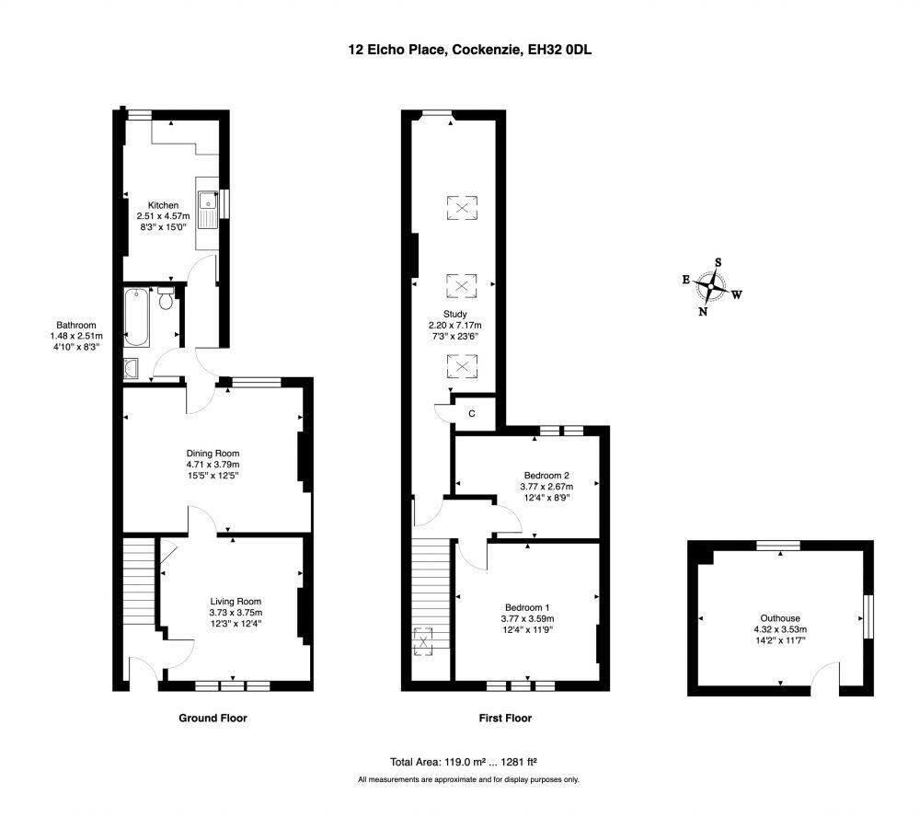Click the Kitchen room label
coord(163,205)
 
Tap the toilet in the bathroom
coord(166,298)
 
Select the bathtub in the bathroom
coord(137,316)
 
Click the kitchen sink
coord(208,210)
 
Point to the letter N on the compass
coord(703,312)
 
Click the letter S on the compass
coord(719,262)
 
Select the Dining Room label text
coord(213,453)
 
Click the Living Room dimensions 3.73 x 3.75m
coord(236,612)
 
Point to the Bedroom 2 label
coord(546,476)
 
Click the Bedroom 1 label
coord(527,607)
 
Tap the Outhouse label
coord(780,618)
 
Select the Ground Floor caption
coord(213,718)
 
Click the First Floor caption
coord(505,718)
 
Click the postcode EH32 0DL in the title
coord(559,50)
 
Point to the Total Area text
coord(464,762)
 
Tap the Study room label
coord(455,314)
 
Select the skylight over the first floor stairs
coord(423,641)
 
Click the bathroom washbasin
coord(132,369)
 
